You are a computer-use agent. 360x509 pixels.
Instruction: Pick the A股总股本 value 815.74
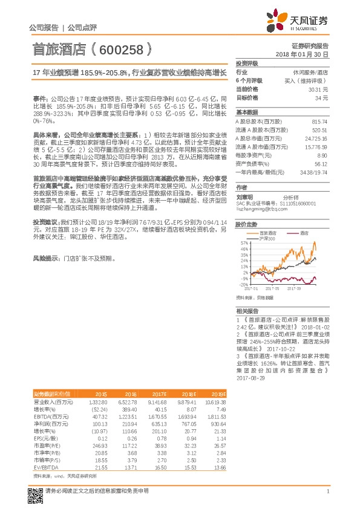pos(319,122)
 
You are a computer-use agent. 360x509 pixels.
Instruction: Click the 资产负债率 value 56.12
pos(321,163)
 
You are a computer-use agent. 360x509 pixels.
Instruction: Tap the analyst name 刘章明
pos(244,196)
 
